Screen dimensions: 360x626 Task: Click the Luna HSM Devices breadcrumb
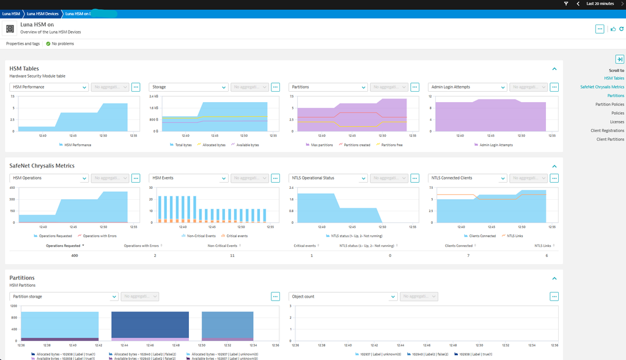click(43, 13)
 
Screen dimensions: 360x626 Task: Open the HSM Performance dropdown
click(49, 87)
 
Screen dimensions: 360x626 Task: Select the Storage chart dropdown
click(188, 87)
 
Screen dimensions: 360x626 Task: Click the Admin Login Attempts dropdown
click(468, 87)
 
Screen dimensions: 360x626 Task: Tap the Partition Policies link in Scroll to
click(609, 105)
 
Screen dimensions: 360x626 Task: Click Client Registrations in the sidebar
click(607, 130)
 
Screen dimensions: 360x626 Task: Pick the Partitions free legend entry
click(389, 145)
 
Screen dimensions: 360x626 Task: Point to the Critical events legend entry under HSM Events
click(236, 235)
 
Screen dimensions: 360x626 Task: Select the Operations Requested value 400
click(75, 255)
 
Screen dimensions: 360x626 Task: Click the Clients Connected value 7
click(468, 255)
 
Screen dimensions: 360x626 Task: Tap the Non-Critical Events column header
click(222, 246)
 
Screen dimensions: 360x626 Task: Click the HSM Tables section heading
click(24, 68)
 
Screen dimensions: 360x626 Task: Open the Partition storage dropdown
click(64, 296)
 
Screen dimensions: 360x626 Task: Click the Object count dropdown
click(343, 296)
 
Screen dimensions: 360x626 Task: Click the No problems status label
click(63, 44)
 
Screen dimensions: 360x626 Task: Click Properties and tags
click(23, 44)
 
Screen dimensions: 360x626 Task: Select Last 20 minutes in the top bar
click(600, 4)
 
